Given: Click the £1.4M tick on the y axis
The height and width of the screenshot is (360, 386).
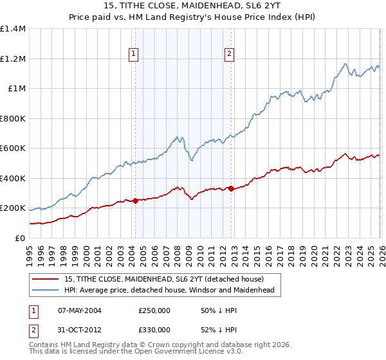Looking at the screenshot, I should [12, 29].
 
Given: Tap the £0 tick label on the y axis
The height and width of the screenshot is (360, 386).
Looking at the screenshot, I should [19, 239].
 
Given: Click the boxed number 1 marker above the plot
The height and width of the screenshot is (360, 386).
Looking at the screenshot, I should [133, 55].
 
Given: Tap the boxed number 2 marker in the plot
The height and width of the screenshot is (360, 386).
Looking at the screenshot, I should [230, 55].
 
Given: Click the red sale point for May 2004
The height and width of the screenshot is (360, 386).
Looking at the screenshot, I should [135, 201].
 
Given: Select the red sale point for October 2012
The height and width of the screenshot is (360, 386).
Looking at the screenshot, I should [232, 188].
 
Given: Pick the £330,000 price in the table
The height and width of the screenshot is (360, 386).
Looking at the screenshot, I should [154, 329].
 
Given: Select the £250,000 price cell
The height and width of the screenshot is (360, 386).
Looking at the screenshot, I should [154, 310].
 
